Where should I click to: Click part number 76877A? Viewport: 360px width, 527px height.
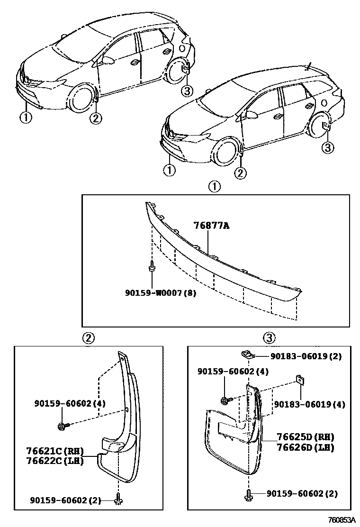(211, 226)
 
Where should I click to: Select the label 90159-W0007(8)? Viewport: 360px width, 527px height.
(161, 293)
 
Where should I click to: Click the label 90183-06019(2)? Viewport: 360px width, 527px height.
(306, 356)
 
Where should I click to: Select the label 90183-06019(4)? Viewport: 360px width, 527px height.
(310, 404)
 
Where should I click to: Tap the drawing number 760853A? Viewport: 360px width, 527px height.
(342, 520)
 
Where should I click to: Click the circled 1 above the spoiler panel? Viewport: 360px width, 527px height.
(215, 187)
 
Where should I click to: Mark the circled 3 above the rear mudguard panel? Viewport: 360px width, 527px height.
(269, 337)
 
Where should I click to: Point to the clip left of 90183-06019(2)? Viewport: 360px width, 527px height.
(246, 354)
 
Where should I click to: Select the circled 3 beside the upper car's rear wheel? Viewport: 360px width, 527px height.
(187, 90)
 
